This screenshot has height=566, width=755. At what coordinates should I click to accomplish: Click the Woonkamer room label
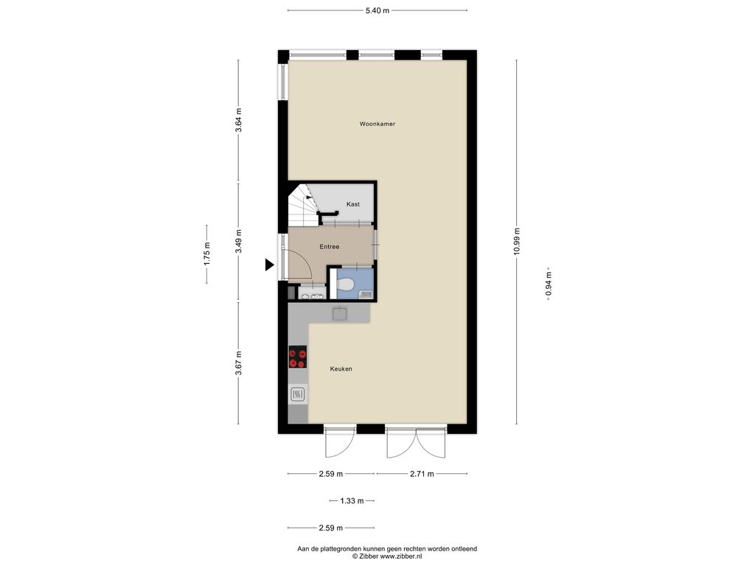pyautogui.click(x=377, y=124)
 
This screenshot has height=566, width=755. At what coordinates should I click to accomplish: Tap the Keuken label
pyautogui.click(x=341, y=369)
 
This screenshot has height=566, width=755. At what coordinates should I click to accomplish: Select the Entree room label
pyautogui.click(x=330, y=247)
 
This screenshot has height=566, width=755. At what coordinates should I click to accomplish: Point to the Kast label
pyautogui.click(x=353, y=204)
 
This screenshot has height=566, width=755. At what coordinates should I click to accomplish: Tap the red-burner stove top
pyautogui.click(x=298, y=357)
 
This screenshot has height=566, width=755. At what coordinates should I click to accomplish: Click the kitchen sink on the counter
pyautogui.click(x=340, y=313)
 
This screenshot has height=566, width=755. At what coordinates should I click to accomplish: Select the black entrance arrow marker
pyautogui.click(x=270, y=265)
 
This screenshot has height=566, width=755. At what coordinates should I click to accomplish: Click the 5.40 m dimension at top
pyautogui.click(x=377, y=10)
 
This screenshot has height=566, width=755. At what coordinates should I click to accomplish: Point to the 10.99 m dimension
pyautogui.click(x=517, y=242)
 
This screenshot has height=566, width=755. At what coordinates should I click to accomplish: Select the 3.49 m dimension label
pyautogui.click(x=238, y=242)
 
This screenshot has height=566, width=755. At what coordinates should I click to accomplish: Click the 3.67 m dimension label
pyautogui.click(x=238, y=363)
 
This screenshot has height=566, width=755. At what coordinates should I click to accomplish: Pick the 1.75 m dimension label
pyautogui.click(x=206, y=254)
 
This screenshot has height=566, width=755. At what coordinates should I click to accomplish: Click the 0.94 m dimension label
pyautogui.click(x=549, y=284)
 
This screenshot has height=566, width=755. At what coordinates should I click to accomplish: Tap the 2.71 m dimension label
pyautogui.click(x=422, y=474)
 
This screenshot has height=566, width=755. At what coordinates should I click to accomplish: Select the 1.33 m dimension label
pyautogui.click(x=352, y=501)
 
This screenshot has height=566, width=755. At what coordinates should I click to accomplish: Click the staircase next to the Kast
pyautogui.click(x=302, y=206)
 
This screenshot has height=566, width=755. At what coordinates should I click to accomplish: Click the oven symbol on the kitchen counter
pyautogui.click(x=298, y=395)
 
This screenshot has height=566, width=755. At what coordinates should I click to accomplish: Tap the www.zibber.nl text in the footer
pyautogui.click(x=401, y=556)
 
